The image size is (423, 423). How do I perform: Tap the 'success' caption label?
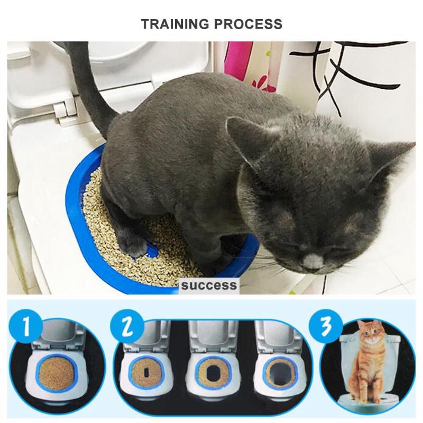[208, 286]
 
